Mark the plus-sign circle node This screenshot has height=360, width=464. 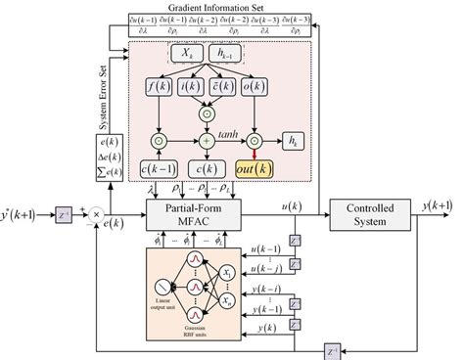pos(207,141)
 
